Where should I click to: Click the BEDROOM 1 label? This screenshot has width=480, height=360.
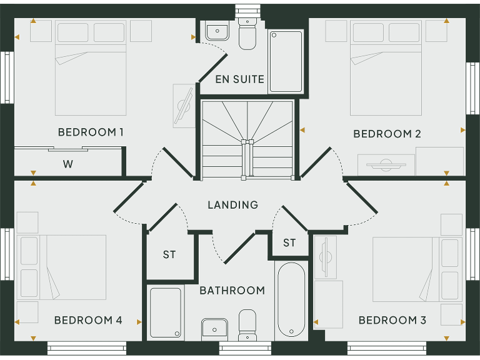pyautogui.click(x=91, y=132)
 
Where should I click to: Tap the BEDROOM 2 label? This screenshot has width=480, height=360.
pyautogui.click(x=387, y=134)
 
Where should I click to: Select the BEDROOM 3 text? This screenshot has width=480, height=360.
pyautogui.click(x=392, y=321)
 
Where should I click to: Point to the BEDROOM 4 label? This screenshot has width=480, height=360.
pyautogui.click(x=88, y=321)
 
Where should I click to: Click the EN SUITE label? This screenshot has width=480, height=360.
pyautogui.click(x=239, y=79)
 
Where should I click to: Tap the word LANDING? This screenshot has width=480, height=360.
pyautogui.click(x=232, y=205)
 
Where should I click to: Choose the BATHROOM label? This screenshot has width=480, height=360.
pyautogui.click(x=232, y=291)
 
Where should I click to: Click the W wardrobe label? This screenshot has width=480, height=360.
pyautogui.click(x=67, y=165)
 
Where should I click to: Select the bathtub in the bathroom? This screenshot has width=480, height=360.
pyautogui.click(x=291, y=299)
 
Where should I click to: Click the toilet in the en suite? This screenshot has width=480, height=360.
pyautogui.click(x=247, y=36)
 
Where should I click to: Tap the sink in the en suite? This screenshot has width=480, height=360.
pyautogui.click(x=217, y=31)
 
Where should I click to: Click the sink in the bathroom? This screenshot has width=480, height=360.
pyautogui.click(x=215, y=328)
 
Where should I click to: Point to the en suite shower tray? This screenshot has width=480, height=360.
pyautogui.click(x=286, y=61)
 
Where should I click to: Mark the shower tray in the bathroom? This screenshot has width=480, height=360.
pyautogui.click(x=166, y=312)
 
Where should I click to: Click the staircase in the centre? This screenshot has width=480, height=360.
pyautogui.click(x=247, y=139)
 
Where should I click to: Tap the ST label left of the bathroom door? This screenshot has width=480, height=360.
pyautogui.click(x=169, y=255)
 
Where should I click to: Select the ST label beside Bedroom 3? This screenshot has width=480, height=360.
pyautogui.click(x=289, y=243)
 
